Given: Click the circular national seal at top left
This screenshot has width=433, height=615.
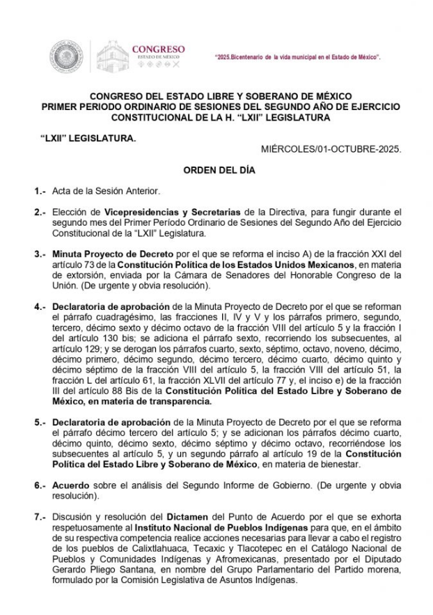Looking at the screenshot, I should (x=66, y=56).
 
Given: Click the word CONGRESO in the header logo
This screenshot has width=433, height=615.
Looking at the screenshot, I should (x=159, y=49).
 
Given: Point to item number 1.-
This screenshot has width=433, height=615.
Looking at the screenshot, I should (x=40, y=191).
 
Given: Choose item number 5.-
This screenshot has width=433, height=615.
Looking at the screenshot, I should (x=40, y=423).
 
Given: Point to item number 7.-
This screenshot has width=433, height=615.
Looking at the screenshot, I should (x=40, y=517).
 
